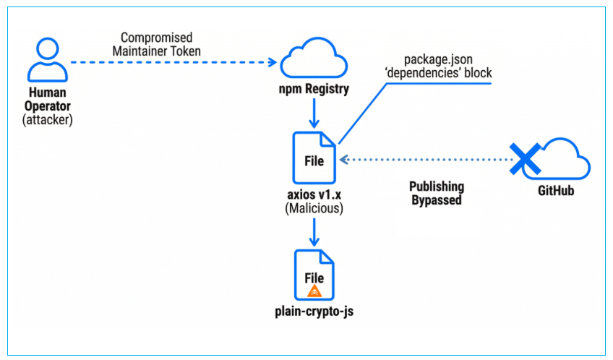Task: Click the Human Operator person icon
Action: [48, 60]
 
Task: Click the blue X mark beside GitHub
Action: [524, 157]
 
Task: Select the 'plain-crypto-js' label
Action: [314, 312]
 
